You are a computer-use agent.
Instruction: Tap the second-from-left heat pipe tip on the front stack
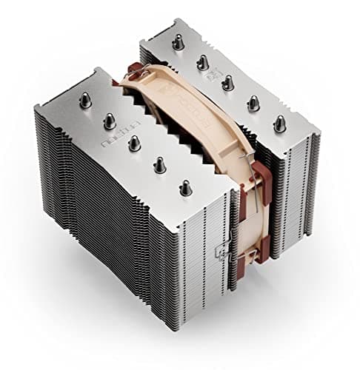[110, 120]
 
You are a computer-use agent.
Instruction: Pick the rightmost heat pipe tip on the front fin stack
[185, 189]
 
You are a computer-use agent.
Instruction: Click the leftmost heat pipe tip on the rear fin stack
[178, 42]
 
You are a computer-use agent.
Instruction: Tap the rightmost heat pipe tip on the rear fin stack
[279, 124]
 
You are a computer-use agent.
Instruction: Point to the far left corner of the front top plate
[36, 107]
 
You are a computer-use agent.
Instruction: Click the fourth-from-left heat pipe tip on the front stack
[160, 166]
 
